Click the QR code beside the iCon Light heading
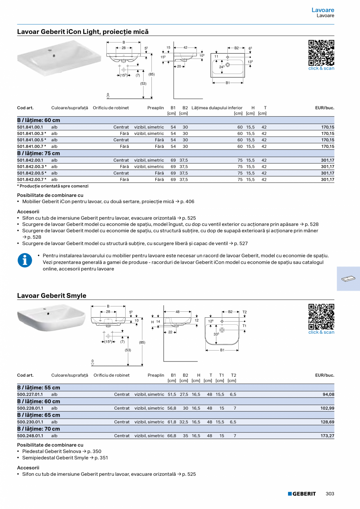pyautogui.click(x=321, y=53)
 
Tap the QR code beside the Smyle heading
pyautogui.click(x=321, y=317)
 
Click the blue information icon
pyautogui.click(x=25, y=260)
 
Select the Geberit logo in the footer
pyautogui.click(x=302, y=494)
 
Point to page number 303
pyautogui.click(x=330, y=494)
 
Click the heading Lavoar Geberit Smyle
pyautogui.click(x=52, y=296)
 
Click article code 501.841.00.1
pyautogui.click(x=30, y=127)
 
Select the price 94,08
pyautogui.click(x=328, y=394)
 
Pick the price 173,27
pyautogui.click(x=328, y=435)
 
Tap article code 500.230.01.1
pyautogui.click(x=30, y=422)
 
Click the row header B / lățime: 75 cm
pyautogui.click(x=39, y=153)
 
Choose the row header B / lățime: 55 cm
pyautogui.click(x=39, y=388)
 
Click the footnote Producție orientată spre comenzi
pyautogui.click(x=54, y=186)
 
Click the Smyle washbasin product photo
pyautogui.click(x=51, y=318)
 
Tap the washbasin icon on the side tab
pyautogui.click(x=348, y=279)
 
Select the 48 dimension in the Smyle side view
pyautogui.click(x=177, y=312)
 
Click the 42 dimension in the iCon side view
pyautogui.click(x=185, y=48)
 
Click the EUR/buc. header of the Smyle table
pyautogui.click(x=324, y=375)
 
